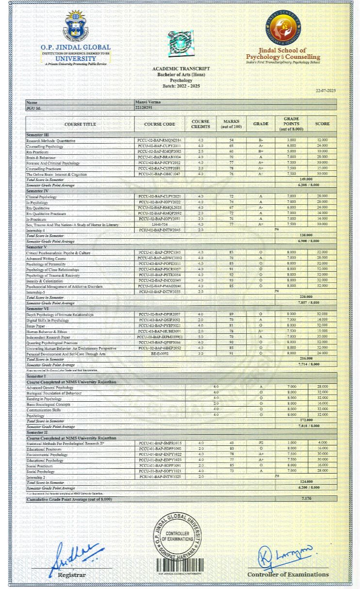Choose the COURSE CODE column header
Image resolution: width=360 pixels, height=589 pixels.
[159, 124]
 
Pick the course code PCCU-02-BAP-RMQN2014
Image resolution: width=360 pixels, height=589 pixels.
[159, 140]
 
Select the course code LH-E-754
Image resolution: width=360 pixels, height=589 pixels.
[159, 224]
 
